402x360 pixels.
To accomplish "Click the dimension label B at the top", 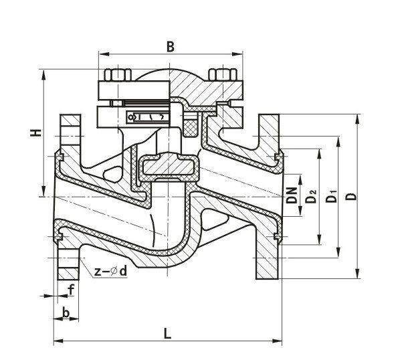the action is coord(171,47).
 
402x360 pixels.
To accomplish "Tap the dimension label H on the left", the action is coord(36,132).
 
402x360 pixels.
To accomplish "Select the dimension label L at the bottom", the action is coord(167,334).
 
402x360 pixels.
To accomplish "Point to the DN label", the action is coord(291,195).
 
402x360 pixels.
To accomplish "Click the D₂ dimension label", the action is coord(311,196).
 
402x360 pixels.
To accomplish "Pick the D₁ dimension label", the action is coord(330,196).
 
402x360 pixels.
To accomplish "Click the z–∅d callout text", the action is coord(110,271).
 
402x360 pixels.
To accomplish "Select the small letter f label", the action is coord(71,290).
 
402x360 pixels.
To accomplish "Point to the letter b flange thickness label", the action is coord(66,312).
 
